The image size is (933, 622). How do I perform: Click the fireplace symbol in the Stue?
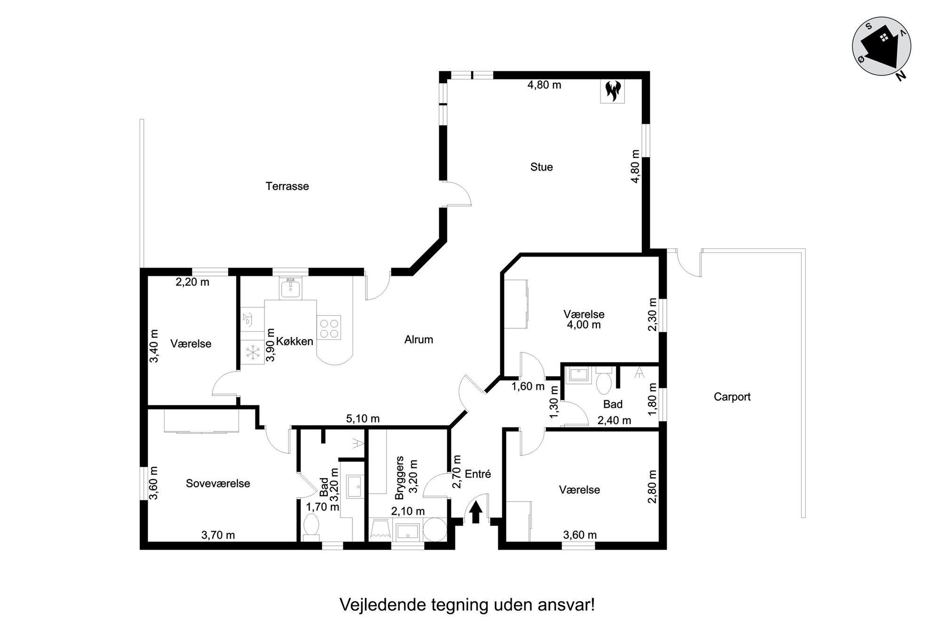[x=613, y=91]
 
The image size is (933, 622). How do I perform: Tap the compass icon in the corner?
[x=881, y=48]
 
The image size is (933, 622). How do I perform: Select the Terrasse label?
[x=287, y=186]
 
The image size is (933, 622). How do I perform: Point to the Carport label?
[x=732, y=397]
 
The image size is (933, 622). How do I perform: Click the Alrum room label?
[x=419, y=339]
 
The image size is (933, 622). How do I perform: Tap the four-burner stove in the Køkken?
[x=329, y=328]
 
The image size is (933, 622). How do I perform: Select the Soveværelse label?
[x=218, y=483]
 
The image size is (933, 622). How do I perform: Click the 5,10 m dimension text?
[x=363, y=418]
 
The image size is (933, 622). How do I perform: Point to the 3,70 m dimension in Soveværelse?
[x=218, y=535]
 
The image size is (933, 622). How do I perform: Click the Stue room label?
[x=541, y=167]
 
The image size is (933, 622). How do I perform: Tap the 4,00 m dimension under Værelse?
[x=584, y=324]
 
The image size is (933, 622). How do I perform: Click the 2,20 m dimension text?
[x=192, y=282]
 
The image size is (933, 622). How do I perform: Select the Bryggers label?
[x=400, y=478]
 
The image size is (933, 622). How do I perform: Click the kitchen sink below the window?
[x=291, y=288]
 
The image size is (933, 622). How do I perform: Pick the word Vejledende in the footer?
[x=382, y=605]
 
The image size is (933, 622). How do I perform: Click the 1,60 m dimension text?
[x=528, y=386]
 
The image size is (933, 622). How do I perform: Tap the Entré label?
[x=478, y=474]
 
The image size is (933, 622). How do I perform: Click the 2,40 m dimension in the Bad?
[x=614, y=420]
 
